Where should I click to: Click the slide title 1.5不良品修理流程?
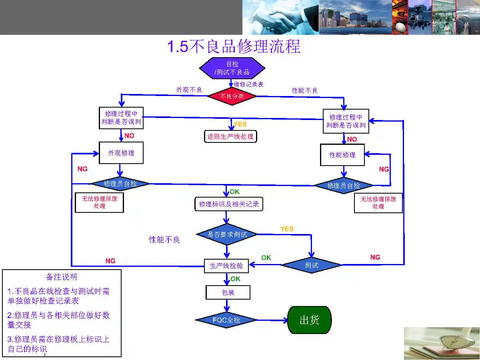tap(234, 46)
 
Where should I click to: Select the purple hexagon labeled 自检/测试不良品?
tap(232, 68)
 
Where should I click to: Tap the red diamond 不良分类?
tap(232, 96)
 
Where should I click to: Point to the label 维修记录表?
tap(248, 84)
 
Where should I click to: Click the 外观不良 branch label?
tap(189, 90)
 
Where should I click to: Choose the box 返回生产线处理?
tap(230, 136)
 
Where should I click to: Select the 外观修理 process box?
tap(121, 153)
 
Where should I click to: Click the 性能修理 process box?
tap(342, 155)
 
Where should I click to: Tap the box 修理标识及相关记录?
tap(229, 204)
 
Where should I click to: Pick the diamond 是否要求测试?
tap(227, 234)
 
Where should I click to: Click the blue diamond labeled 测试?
tap(312, 265)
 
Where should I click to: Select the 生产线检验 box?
tap(226, 265)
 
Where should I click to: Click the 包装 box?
tap(228, 292)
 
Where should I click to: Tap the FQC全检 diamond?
tap(226, 320)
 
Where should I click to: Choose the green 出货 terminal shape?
tap(309, 320)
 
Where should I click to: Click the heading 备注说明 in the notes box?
tap(62, 277)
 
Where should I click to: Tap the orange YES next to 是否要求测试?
tap(287, 229)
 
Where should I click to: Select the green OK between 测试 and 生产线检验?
tap(266, 258)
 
